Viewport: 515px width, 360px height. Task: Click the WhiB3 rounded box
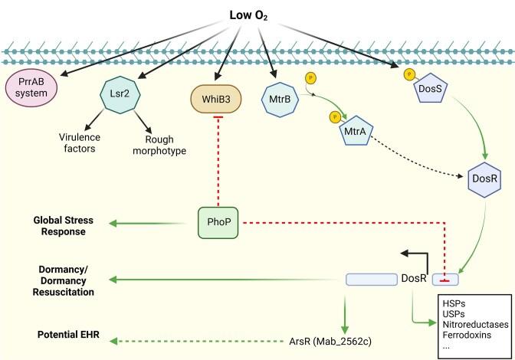pyautogui.click(x=216, y=100)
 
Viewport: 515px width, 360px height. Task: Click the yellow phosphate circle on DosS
pyautogui.click(x=409, y=75)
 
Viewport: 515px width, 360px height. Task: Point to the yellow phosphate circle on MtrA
pyautogui.click(x=335, y=117)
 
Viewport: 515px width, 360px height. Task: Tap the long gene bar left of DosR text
pyautogui.click(x=372, y=280)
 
